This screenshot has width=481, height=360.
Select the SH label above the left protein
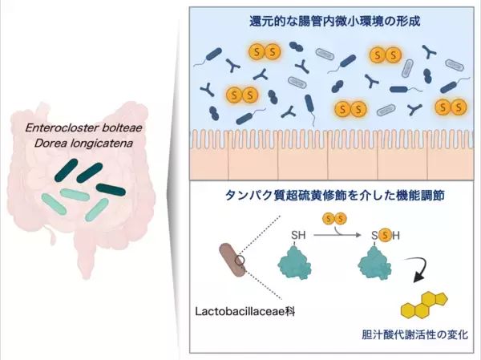coord(298,235)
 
